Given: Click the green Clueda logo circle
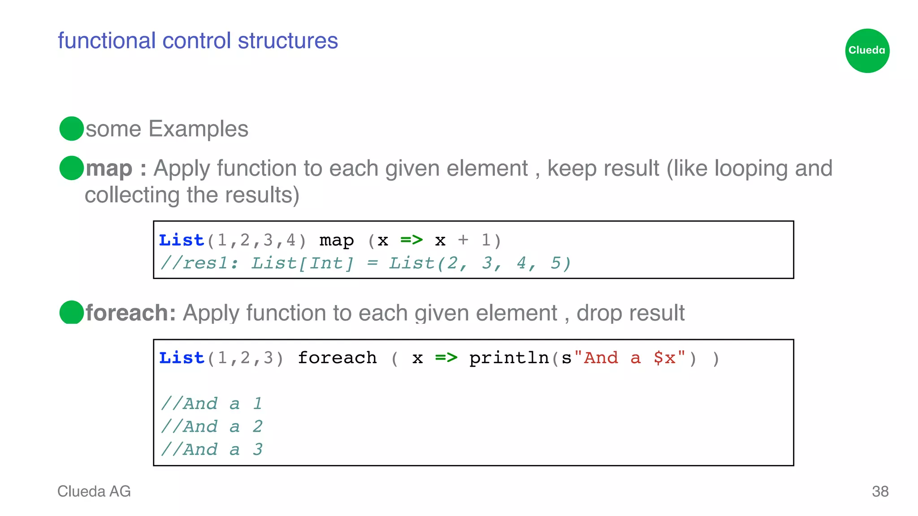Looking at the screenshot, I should pyautogui.click(x=867, y=51).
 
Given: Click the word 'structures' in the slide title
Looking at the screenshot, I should pyautogui.click(x=288, y=41).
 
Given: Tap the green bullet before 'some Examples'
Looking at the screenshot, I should pyautogui.click(x=71, y=129).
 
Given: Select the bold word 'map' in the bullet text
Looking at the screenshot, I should pyautogui.click(x=109, y=169).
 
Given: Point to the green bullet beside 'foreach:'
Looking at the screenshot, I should pyautogui.click(x=71, y=312).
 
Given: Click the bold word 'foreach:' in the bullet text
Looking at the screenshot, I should pyautogui.click(x=130, y=313).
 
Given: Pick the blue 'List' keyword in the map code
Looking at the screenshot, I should pyautogui.click(x=182, y=241).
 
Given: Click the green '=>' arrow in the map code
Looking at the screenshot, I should pyautogui.click(x=411, y=240).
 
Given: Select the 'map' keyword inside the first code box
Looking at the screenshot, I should pyautogui.click(x=336, y=241).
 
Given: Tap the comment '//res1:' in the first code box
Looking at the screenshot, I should pyautogui.click(x=199, y=263).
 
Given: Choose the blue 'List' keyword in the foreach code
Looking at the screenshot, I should pyautogui.click(x=182, y=358).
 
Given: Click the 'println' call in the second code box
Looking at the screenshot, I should pyautogui.click(x=509, y=358).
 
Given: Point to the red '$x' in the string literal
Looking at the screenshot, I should pyautogui.click(x=664, y=358).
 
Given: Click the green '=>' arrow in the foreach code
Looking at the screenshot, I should pyautogui.click(x=446, y=357).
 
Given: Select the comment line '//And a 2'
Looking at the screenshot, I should pyautogui.click(x=212, y=426).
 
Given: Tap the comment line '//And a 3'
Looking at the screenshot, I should pyautogui.click(x=212, y=449).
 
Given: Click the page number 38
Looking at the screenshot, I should pyautogui.click(x=880, y=491).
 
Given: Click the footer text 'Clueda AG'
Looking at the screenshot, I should pyautogui.click(x=94, y=491).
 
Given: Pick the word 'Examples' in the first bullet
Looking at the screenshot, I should pyautogui.click(x=198, y=129).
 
